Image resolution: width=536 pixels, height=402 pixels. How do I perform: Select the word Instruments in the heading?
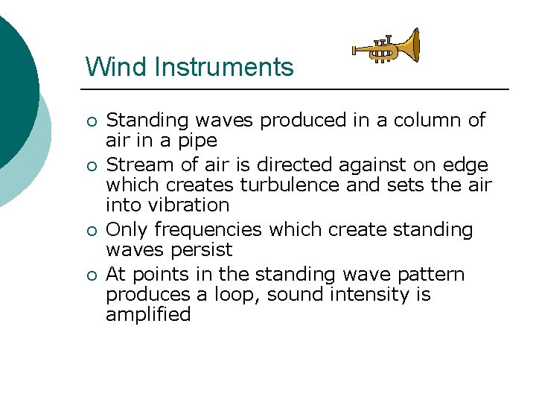pos(225,67)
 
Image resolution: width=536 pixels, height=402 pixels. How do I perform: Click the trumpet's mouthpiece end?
pos(356,51)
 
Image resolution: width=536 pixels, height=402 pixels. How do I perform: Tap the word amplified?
pos(148,315)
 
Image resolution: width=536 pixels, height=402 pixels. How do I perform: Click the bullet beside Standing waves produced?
pos(92,121)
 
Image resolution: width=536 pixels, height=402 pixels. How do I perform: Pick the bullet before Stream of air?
pos(92,166)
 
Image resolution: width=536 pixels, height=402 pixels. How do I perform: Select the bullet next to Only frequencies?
pos(92,231)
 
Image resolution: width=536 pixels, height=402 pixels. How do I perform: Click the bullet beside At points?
pos(92,275)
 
